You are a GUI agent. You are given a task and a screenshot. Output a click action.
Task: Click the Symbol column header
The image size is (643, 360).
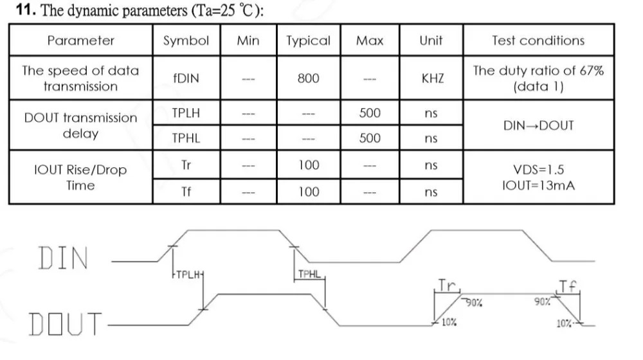click(x=186, y=40)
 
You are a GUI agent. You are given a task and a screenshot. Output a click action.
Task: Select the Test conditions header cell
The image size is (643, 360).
click(x=538, y=40)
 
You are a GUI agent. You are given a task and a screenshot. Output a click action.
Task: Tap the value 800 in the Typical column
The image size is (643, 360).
click(x=309, y=78)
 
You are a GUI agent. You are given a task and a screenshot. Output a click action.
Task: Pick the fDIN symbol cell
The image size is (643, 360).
click(x=186, y=78)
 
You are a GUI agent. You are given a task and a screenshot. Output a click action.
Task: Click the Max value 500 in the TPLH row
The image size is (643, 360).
click(x=370, y=113)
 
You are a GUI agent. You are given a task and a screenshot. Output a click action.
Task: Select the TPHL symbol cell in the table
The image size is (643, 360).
click(x=186, y=138)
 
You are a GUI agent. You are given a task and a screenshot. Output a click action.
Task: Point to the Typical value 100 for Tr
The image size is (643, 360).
click(x=309, y=165)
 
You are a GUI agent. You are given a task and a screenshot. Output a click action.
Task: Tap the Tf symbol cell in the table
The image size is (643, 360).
click(x=186, y=192)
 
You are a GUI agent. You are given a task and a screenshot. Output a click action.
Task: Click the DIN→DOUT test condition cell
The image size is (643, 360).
click(x=538, y=125)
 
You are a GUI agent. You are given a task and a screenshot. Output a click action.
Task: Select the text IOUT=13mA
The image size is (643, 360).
click(x=538, y=185)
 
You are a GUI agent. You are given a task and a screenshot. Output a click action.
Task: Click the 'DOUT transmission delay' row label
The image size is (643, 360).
click(x=81, y=125)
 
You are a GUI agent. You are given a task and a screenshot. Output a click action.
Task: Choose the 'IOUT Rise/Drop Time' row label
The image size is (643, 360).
click(x=80, y=177)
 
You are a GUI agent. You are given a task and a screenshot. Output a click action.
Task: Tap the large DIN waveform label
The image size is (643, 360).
click(x=64, y=258)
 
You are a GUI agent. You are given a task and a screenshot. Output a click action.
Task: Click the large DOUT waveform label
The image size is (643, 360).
click(x=65, y=324)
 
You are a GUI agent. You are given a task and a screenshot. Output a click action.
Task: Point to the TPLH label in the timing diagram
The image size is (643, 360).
click(x=188, y=274)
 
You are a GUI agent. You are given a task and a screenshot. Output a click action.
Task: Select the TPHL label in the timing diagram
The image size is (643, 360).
click(x=309, y=274)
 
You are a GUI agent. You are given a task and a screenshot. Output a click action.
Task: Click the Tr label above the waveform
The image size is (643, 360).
click(x=447, y=285)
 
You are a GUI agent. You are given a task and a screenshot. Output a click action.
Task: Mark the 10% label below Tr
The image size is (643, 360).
click(x=449, y=322)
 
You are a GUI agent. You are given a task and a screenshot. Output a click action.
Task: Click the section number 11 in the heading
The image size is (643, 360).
click(x=26, y=10)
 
